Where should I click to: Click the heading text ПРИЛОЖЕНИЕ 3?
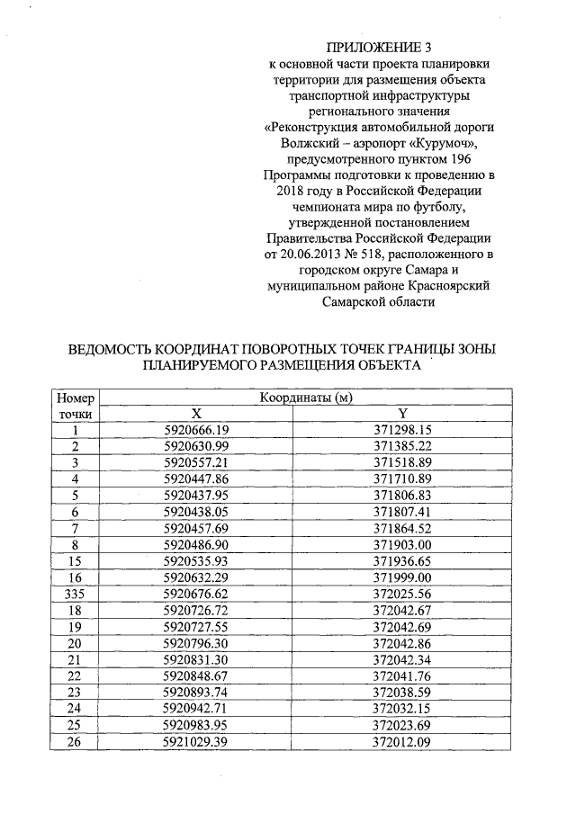tap(385, 47)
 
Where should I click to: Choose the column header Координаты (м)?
tap(305, 398)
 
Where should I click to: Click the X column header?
tap(196, 413)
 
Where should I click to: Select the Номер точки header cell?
tap(76, 405)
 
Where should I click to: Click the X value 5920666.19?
tap(196, 430)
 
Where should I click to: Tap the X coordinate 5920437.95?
tap(196, 495)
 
